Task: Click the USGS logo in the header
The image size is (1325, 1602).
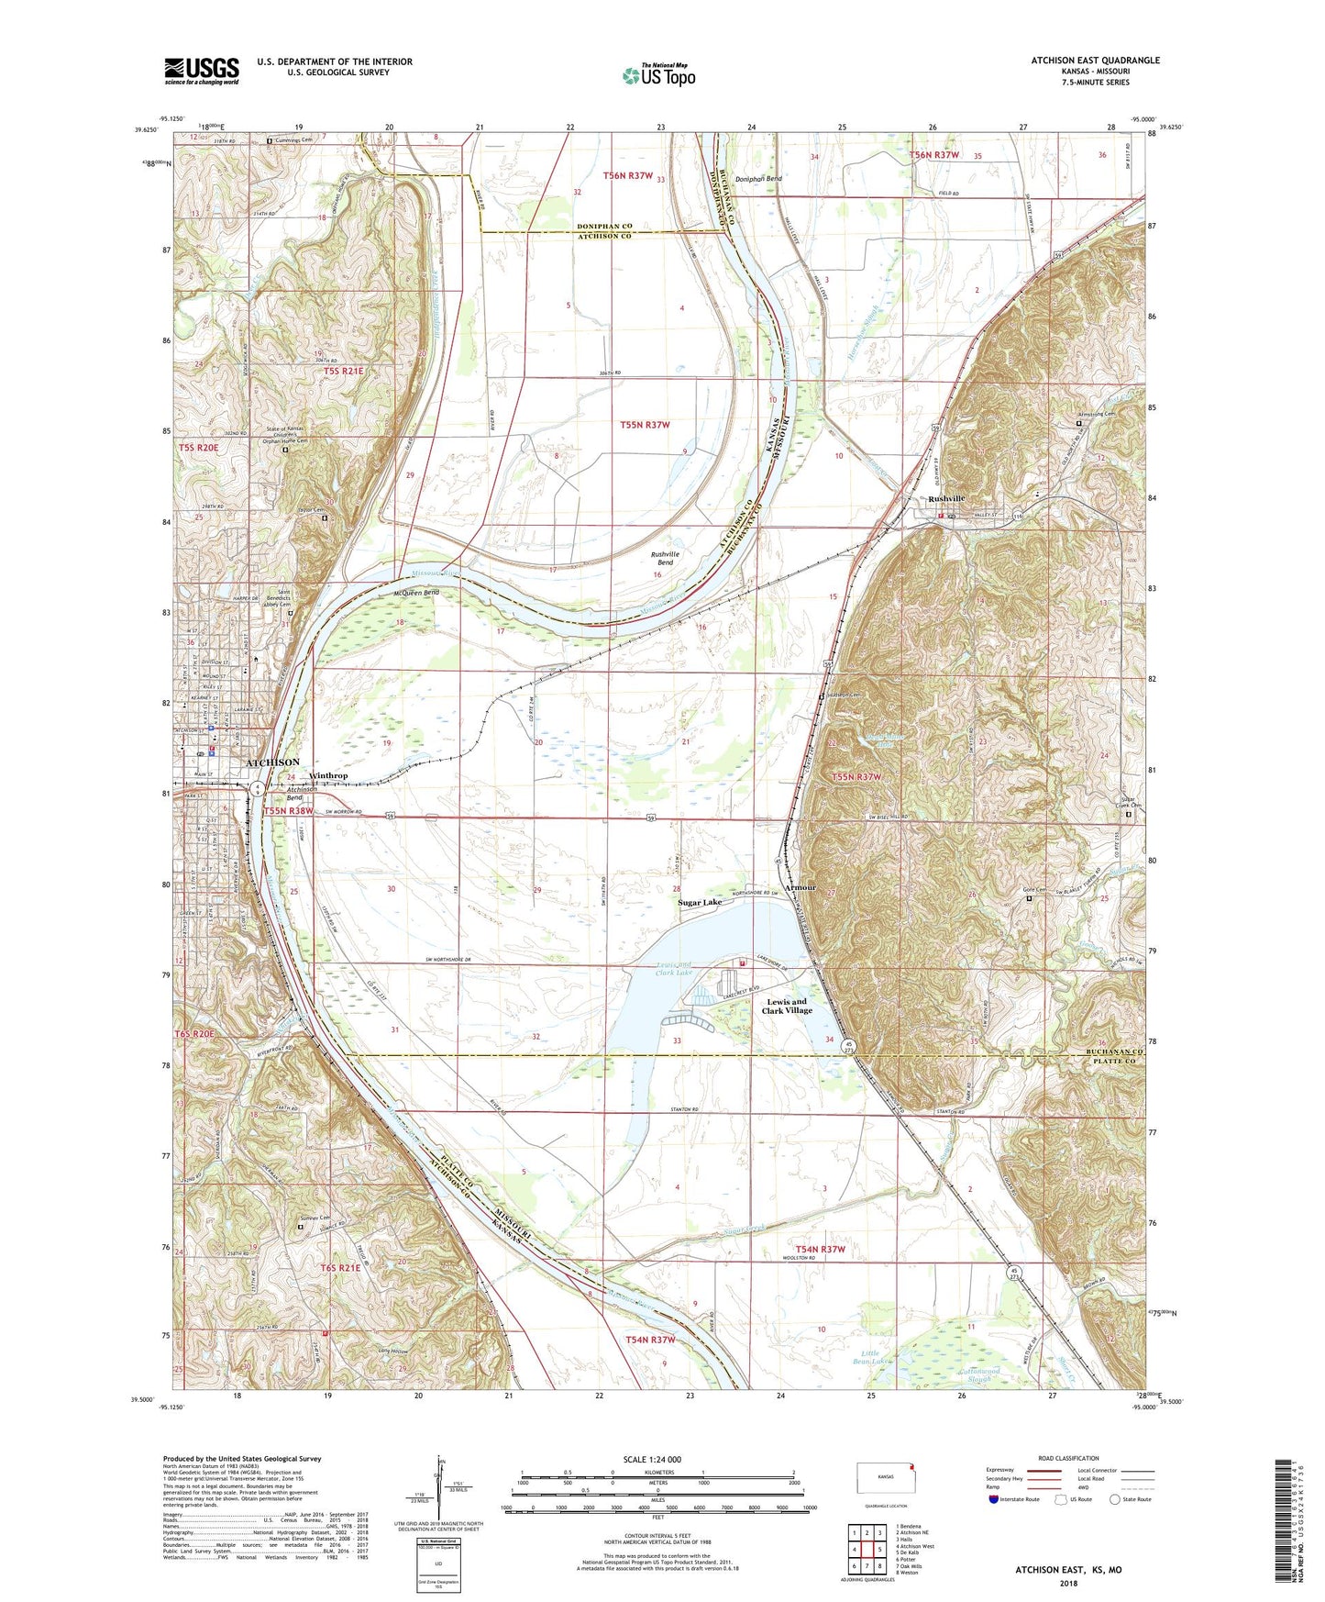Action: [202, 71]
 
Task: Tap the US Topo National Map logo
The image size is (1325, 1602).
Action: [657, 74]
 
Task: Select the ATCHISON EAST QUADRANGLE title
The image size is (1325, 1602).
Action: [1095, 61]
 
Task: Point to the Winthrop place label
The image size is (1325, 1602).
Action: [328, 776]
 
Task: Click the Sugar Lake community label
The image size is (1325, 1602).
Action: [700, 903]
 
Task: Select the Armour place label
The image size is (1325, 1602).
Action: [800, 888]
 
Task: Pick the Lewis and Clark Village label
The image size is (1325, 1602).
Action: [787, 1006]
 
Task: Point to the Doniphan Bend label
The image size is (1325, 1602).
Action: [761, 179]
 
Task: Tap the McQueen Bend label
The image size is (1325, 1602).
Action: [417, 593]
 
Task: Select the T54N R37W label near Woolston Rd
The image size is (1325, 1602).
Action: [820, 1249]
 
